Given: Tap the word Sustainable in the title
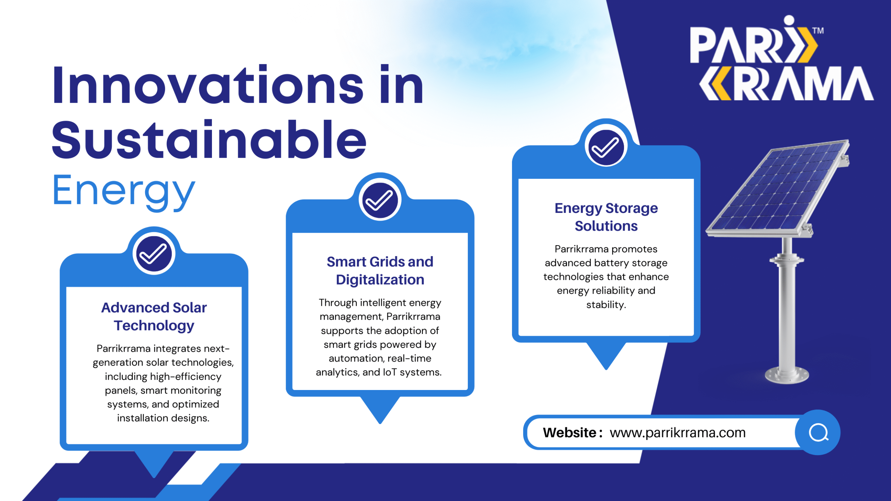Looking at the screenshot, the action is pos(209,139).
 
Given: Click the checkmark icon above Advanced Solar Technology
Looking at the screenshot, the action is pos(154,254).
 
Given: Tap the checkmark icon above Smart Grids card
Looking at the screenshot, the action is pos(380,200).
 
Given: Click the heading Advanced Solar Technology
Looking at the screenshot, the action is pos(154,317).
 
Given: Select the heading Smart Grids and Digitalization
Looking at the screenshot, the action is pos(380,271).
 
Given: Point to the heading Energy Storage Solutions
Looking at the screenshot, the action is pos(606,217).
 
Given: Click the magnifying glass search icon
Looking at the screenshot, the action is pos(818,432).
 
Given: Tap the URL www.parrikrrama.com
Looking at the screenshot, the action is pos(678,432).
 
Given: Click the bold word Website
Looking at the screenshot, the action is pos(569,432).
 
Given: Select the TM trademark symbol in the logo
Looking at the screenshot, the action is pos(818,31).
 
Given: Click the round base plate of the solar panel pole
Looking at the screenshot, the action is pos(787,375).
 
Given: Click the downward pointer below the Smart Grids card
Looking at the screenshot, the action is pos(380,410).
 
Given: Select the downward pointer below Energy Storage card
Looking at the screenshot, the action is pos(606,356).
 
